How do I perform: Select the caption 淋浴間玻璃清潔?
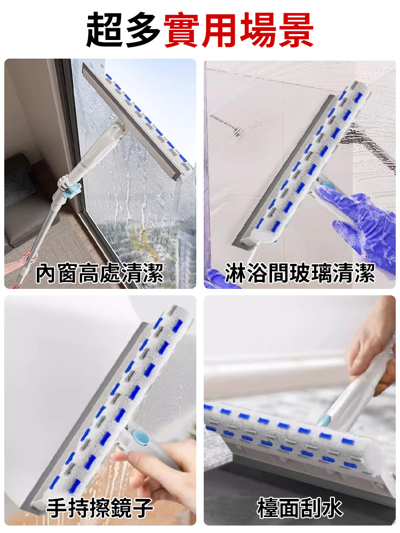(x=300, y=273)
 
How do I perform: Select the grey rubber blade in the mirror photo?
(x=80, y=416)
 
